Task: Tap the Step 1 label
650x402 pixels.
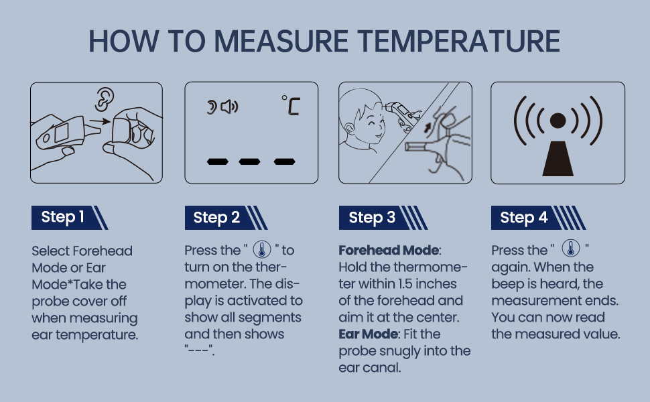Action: point(63,217)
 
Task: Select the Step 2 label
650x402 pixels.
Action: point(216,218)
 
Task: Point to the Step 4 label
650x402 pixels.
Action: point(524,218)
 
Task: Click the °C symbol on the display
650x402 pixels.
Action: point(290,105)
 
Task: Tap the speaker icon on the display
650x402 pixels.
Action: point(229,106)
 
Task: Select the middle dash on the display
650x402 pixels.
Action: point(249,161)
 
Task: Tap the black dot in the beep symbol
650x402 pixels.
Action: point(558,121)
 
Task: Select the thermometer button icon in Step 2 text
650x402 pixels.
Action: point(261,251)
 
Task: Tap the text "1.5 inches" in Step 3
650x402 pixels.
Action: point(421,284)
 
